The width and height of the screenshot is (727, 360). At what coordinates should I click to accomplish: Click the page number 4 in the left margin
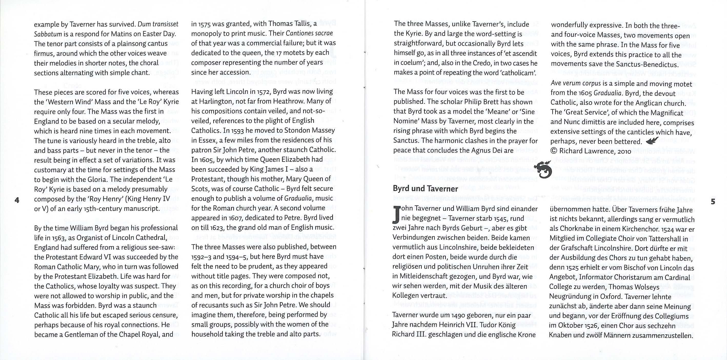[17, 201]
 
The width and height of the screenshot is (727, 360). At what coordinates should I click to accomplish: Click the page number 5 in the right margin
[713, 202]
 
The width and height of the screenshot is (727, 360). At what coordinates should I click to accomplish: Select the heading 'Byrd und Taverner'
[425, 189]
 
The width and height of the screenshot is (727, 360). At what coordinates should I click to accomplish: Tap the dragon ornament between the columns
[542, 169]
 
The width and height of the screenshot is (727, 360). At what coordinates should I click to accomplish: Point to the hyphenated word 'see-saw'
[163, 248]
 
